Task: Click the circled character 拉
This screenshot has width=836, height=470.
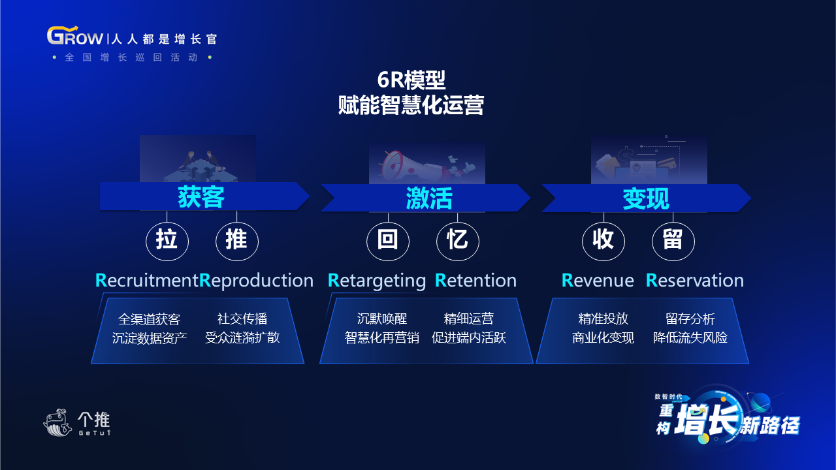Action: (x=167, y=240)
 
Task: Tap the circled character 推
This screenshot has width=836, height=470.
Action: (x=236, y=240)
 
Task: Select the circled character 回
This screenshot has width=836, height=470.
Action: (x=388, y=240)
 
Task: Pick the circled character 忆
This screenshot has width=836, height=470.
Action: (x=458, y=240)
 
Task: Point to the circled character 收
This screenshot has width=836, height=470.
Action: (x=603, y=240)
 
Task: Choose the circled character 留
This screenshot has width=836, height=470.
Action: (x=673, y=240)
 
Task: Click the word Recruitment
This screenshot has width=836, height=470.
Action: (x=147, y=280)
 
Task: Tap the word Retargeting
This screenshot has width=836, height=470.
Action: (x=377, y=281)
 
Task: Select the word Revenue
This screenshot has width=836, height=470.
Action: (x=598, y=280)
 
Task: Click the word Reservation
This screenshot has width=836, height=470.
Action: (x=694, y=280)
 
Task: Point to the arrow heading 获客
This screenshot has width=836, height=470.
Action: (x=204, y=196)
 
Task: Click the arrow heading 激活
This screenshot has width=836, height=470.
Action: (x=425, y=198)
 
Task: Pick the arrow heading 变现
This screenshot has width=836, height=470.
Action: (x=647, y=198)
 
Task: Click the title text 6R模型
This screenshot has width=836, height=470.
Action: (x=411, y=80)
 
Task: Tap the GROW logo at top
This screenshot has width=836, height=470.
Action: (x=74, y=36)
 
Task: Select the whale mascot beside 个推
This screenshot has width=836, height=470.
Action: (x=57, y=422)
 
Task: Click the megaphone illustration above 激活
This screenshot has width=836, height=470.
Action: (x=414, y=166)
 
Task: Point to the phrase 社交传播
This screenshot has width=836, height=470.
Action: (x=242, y=319)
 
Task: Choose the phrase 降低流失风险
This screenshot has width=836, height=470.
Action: (x=690, y=337)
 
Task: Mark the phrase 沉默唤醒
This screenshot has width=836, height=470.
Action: (x=382, y=319)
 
